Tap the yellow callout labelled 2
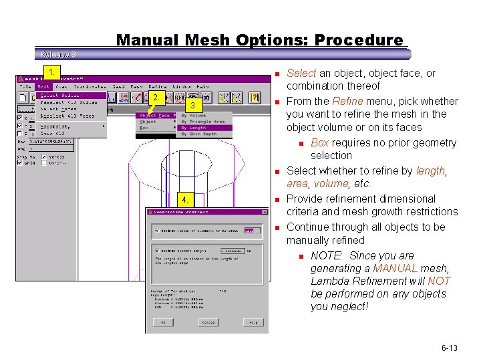[x=155, y=98]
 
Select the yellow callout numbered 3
[x=193, y=106]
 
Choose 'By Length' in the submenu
[x=194, y=128]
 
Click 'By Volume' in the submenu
[x=194, y=116]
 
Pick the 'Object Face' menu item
[x=155, y=116]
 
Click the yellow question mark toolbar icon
[x=254, y=98]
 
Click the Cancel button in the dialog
[x=209, y=322]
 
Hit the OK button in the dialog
[x=162, y=322]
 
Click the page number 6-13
[x=449, y=348]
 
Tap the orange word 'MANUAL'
[x=395, y=268]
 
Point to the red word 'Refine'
[x=347, y=101]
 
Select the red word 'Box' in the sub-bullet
[x=319, y=142]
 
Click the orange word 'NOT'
[x=440, y=281]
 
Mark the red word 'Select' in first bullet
[x=301, y=73]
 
